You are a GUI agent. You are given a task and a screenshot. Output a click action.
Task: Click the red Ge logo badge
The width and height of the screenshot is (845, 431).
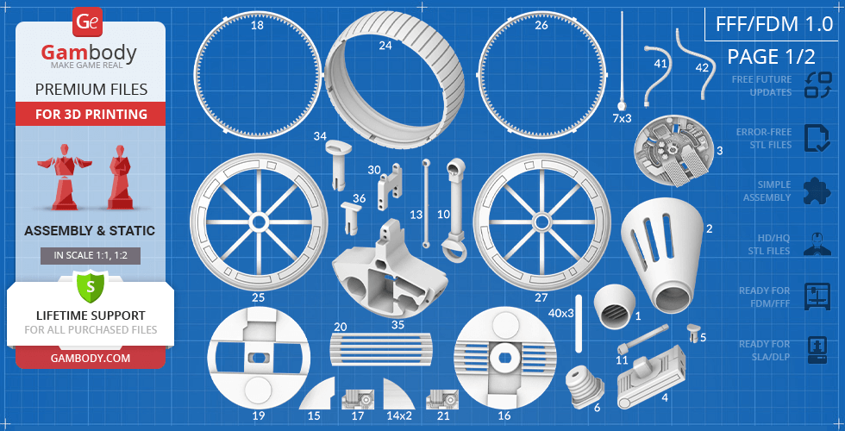(x=85, y=22)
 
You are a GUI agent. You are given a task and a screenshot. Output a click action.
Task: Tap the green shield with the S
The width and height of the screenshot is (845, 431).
(x=91, y=286)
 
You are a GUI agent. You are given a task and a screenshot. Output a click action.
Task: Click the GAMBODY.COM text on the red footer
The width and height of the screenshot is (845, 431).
(x=91, y=358)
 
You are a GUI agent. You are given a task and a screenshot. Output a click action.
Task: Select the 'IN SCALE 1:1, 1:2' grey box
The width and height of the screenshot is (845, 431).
(x=91, y=256)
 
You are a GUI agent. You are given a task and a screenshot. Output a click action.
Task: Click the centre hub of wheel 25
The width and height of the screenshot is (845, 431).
(x=259, y=222)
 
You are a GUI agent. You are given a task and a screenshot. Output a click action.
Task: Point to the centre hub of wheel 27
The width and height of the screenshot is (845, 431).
(x=541, y=222)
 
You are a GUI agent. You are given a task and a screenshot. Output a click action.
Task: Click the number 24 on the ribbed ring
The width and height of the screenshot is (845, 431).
(x=385, y=46)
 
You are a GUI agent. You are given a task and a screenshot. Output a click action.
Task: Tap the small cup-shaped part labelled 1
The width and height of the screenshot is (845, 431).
(x=614, y=307)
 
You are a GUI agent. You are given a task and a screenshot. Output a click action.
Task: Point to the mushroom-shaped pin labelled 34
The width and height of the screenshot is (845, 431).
(x=338, y=163)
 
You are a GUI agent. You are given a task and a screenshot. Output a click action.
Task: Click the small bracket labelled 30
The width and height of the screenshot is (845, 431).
(x=390, y=186)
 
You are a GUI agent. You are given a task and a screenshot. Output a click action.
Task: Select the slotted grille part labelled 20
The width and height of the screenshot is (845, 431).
(x=381, y=349)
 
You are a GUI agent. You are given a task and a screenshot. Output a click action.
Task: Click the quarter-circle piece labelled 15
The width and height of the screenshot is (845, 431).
(x=320, y=396)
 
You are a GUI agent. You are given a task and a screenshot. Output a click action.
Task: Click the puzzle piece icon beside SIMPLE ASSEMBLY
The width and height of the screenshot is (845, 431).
(x=816, y=191)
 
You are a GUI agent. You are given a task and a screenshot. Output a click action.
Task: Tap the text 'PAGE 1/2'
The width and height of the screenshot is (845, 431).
(x=771, y=57)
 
